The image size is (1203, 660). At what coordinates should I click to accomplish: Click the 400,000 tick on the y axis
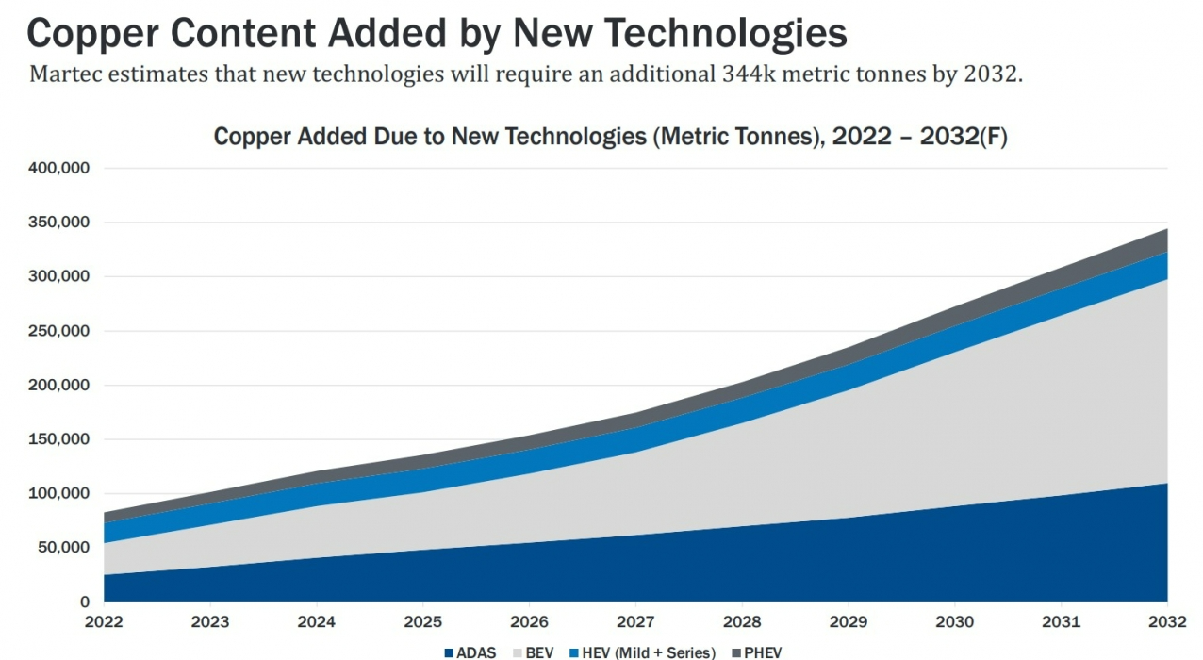pos(56,169)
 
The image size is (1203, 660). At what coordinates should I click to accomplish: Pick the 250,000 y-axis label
pos(56,331)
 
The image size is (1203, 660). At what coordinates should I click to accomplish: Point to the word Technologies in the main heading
pos(725,34)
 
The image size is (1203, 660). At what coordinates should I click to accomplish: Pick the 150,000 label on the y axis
pos(56,439)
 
